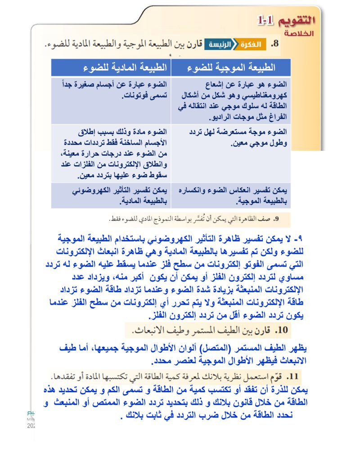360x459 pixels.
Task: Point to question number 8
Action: pos(275,45)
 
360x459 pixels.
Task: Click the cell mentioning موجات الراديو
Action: pos(230,101)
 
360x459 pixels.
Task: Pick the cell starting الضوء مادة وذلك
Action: pos(111,153)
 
